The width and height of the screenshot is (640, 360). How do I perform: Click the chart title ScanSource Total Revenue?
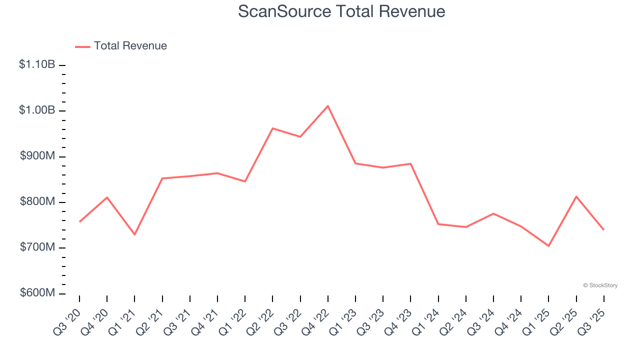click(x=341, y=11)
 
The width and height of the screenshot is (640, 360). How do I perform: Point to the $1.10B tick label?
click(x=37, y=64)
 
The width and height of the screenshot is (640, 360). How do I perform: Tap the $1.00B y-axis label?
click(x=37, y=110)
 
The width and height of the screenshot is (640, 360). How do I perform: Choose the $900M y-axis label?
click(x=37, y=156)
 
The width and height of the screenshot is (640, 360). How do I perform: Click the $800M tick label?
click(x=37, y=202)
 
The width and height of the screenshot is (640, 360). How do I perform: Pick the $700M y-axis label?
click(x=37, y=247)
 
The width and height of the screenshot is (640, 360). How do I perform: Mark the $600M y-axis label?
click(x=37, y=293)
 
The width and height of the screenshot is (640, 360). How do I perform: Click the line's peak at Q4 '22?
click(x=327, y=106)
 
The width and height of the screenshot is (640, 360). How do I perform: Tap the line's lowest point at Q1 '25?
click(x=548, y=246)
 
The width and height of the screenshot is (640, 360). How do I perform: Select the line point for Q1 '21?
click(x=134, y=234)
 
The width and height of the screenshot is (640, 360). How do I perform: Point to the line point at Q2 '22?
click(x=272, y=128)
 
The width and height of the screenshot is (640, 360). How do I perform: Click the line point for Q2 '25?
click(x=576, y=196)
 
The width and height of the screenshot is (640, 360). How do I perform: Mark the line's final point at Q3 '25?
click(x=603, y=229)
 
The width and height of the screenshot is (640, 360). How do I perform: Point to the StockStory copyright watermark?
click(x=600, y=285)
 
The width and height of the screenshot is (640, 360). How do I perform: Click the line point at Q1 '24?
click(x=438, y=224)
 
